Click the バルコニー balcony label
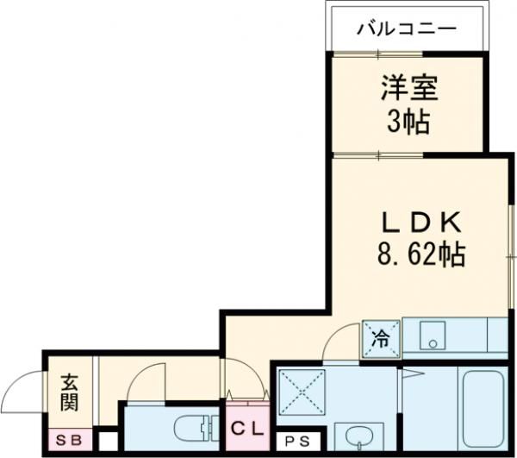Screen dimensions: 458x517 pyautogui.click(x=407, y=29)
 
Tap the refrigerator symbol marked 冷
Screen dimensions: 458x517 pyautogui.click(x=380, y=337)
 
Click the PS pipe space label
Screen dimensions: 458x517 pyautogui.click(x=295, y=440)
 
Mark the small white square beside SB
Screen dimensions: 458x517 pyautogui.click(x=107, y=442)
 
